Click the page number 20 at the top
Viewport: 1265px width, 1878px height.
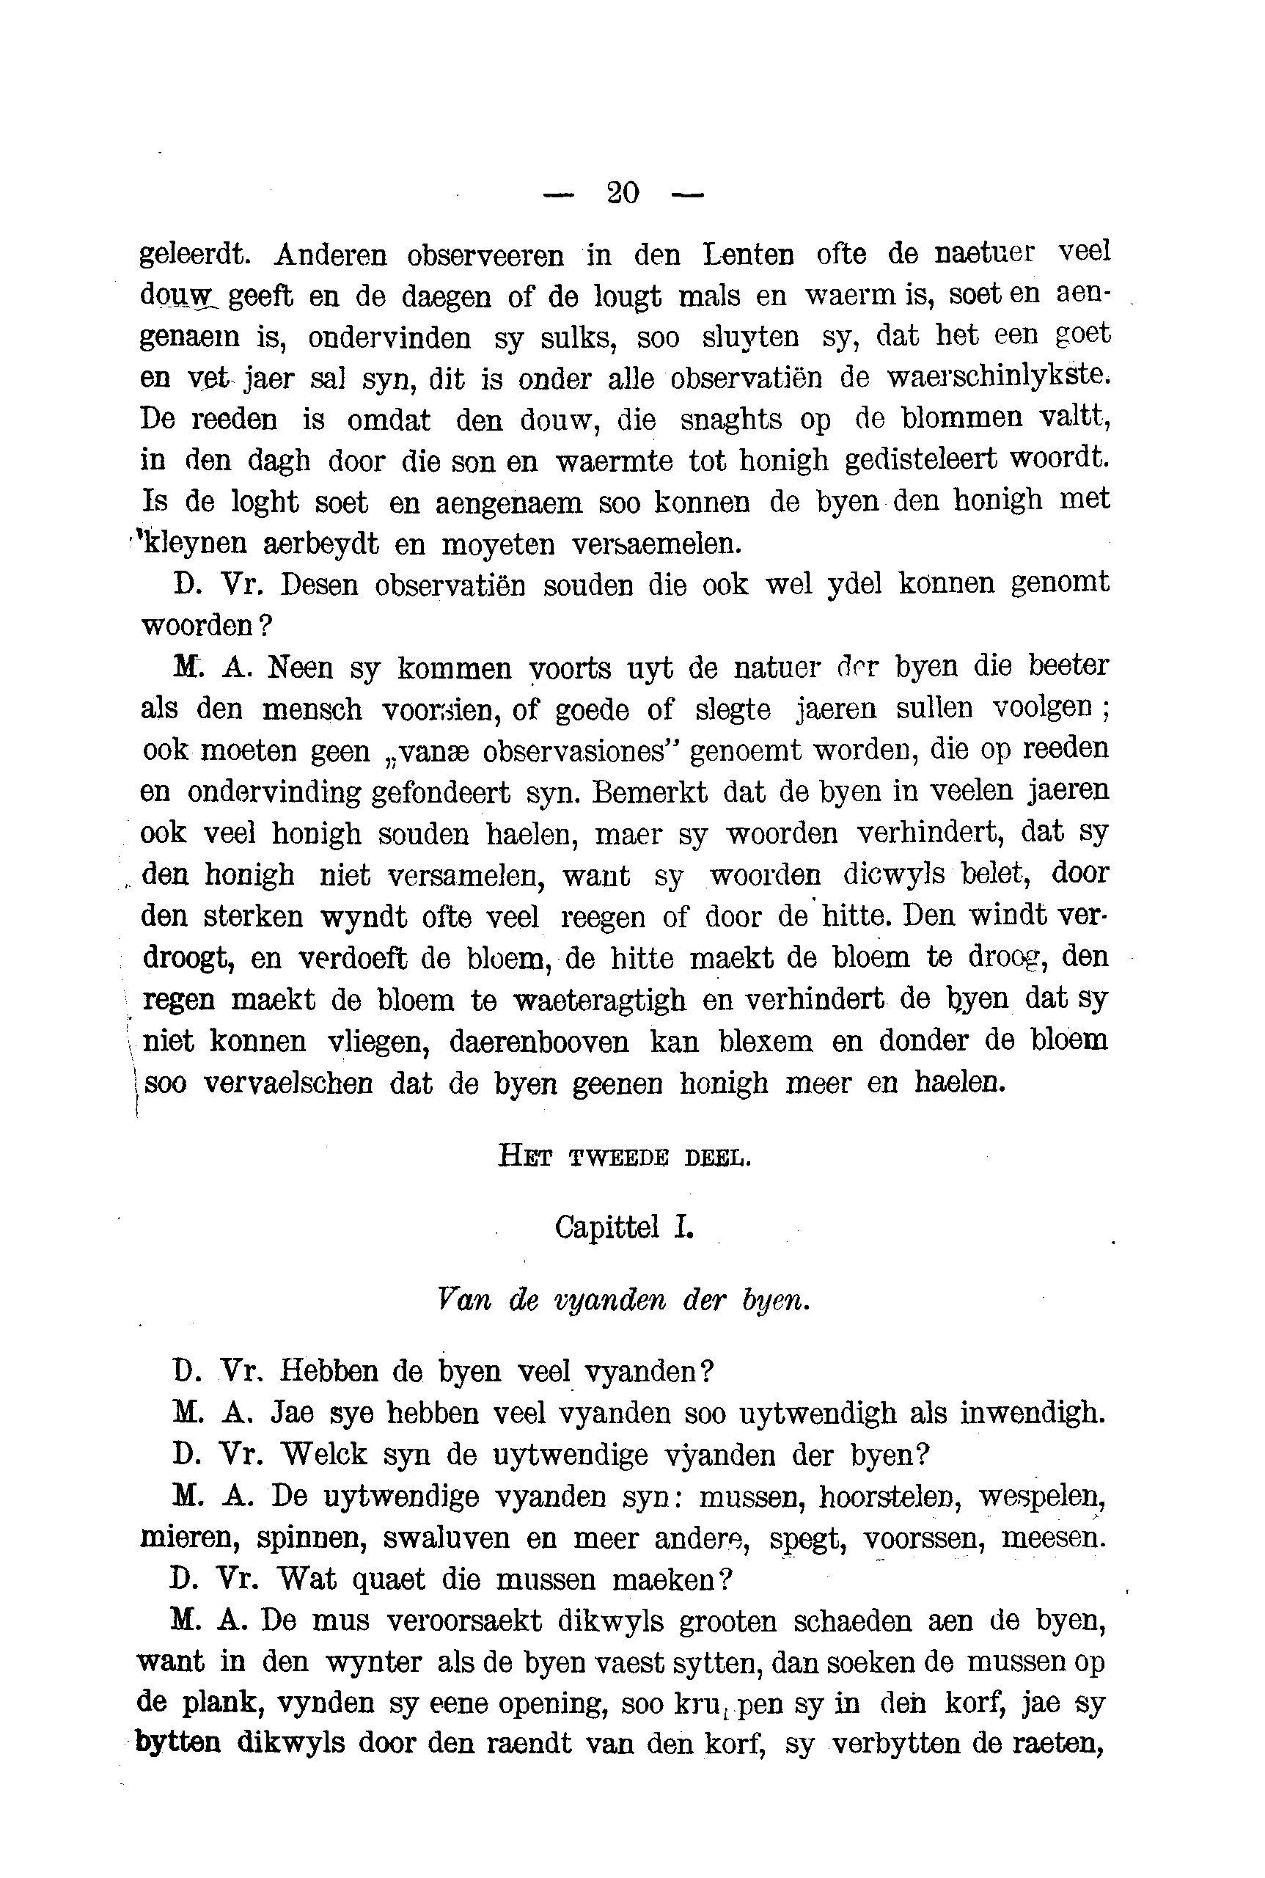pyautogui.click(x=622, y=192)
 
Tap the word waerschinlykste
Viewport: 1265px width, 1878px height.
pyautogui.click(x=998, y=376)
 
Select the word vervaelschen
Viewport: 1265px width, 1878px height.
pyautogui.click(x=287, y=1082)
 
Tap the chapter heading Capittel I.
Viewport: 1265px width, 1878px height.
pyautogui.click(x=623, y=1227)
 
